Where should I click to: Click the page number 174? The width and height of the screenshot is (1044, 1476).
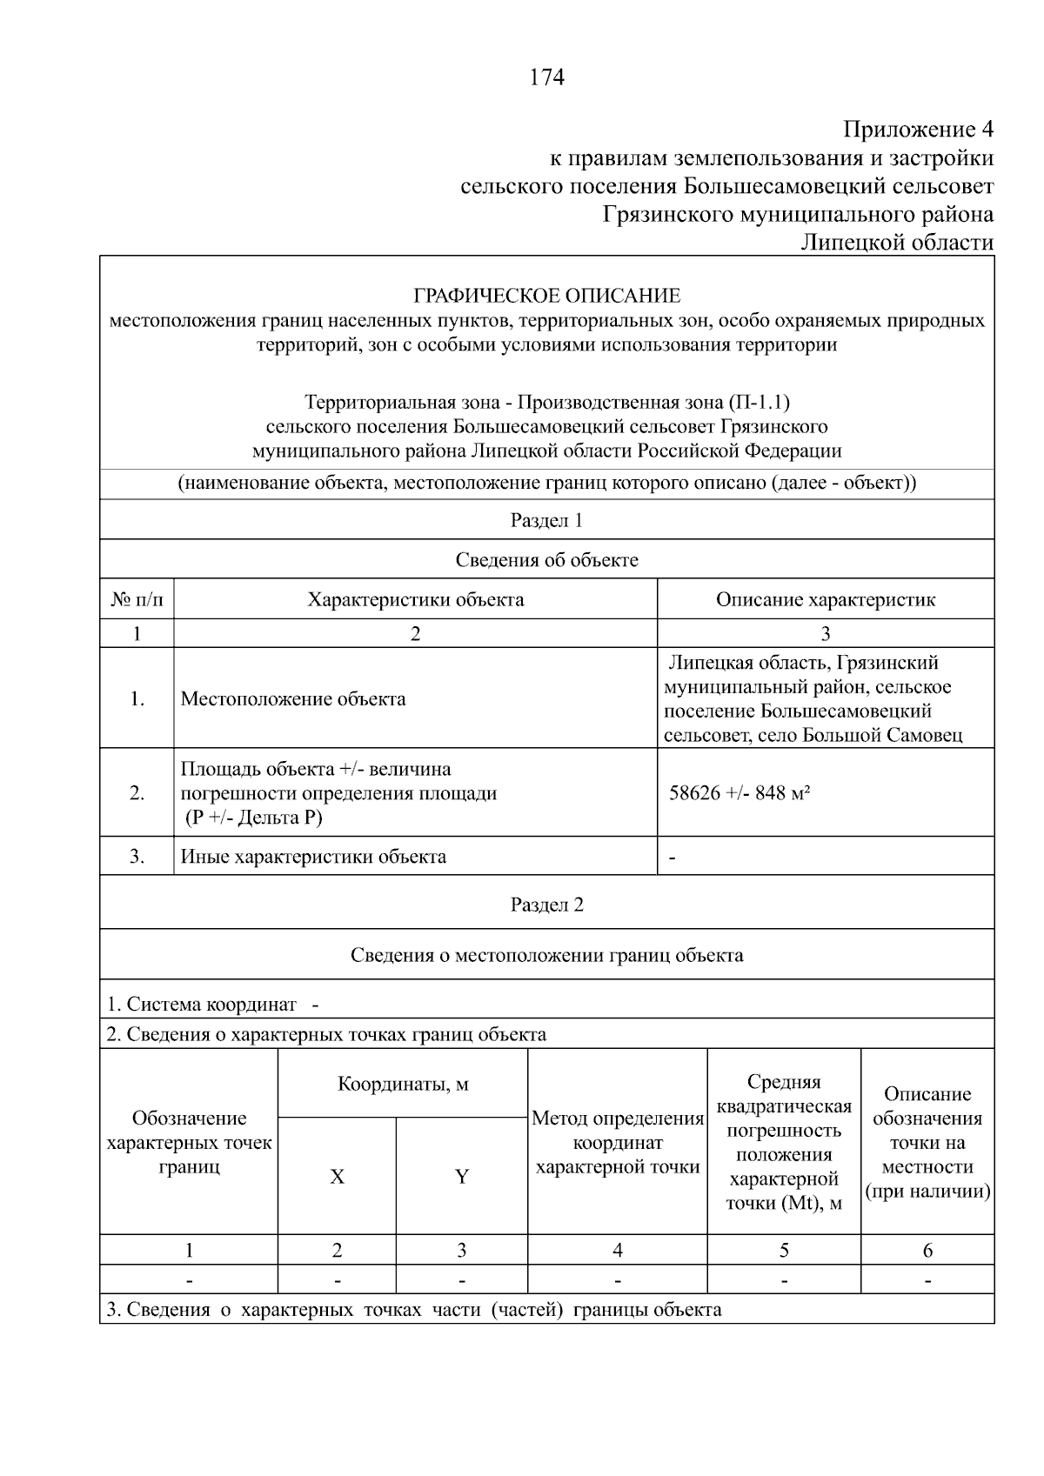click(x=546, y=78)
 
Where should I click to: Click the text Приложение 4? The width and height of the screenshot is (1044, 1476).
click(x=918, y=130)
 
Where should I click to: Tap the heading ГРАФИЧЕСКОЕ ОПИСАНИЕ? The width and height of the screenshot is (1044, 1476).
click(x=546, y=296)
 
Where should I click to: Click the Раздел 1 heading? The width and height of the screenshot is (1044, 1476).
click(x=546, y=520)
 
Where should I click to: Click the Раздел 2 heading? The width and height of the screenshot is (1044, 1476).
click(x=546, y=905)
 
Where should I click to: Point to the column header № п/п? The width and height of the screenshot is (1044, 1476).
click(x=137, y=599)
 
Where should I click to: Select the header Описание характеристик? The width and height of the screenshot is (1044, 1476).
click(x=825, y=599)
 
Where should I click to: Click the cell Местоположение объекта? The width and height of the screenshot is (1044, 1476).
click(x=292, y=699)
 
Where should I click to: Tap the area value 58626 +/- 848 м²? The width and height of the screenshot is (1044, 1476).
click(x=739, y=793)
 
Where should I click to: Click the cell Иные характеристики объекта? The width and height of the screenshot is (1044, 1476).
click(x=313, y=857)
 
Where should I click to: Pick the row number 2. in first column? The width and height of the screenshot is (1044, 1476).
click(x=137, y=793)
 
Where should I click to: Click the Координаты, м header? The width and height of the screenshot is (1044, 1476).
click(x=403, y=1085)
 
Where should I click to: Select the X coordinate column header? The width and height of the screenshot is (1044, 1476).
click(x=337, y=1177)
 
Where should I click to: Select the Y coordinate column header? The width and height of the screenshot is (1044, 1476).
click(x=462, y=1177)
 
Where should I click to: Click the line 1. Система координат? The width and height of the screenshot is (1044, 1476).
click(x=212, y=1005)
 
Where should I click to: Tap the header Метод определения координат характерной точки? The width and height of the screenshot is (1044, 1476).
click(x=618, y=1143)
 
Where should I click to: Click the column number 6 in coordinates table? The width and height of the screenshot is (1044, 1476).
click(x=927, y=1251)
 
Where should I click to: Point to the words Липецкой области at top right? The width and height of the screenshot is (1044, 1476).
click(x=897, y=243)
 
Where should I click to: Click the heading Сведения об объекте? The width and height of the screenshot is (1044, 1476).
click(x=546, y=560)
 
